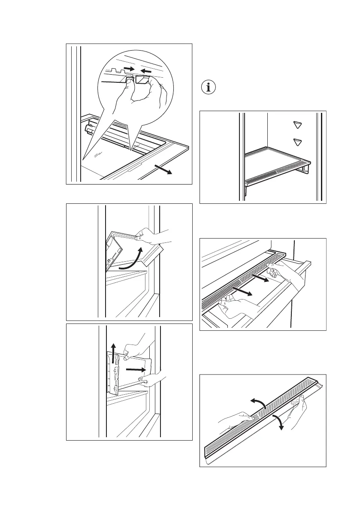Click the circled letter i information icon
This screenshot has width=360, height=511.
coord(209,88)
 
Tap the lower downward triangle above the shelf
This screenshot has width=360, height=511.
coord(296,142)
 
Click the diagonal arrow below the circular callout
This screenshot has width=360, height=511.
coord(164,170)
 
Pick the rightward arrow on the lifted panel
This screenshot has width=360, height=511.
coord(136,369)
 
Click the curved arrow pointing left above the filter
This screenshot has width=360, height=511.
coord(257,402)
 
